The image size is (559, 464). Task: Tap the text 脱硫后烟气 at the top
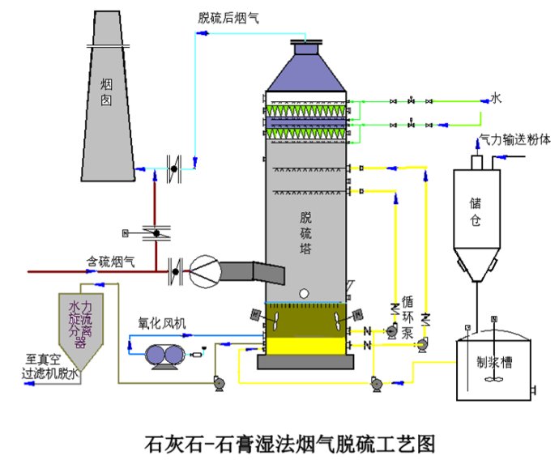point(228,16)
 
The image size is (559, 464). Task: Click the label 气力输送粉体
point(514,138)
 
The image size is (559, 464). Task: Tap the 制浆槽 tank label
point(494,364)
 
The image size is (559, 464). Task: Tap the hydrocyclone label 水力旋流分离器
point(77,323)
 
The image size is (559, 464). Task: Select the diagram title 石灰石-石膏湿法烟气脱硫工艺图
point(289,442)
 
